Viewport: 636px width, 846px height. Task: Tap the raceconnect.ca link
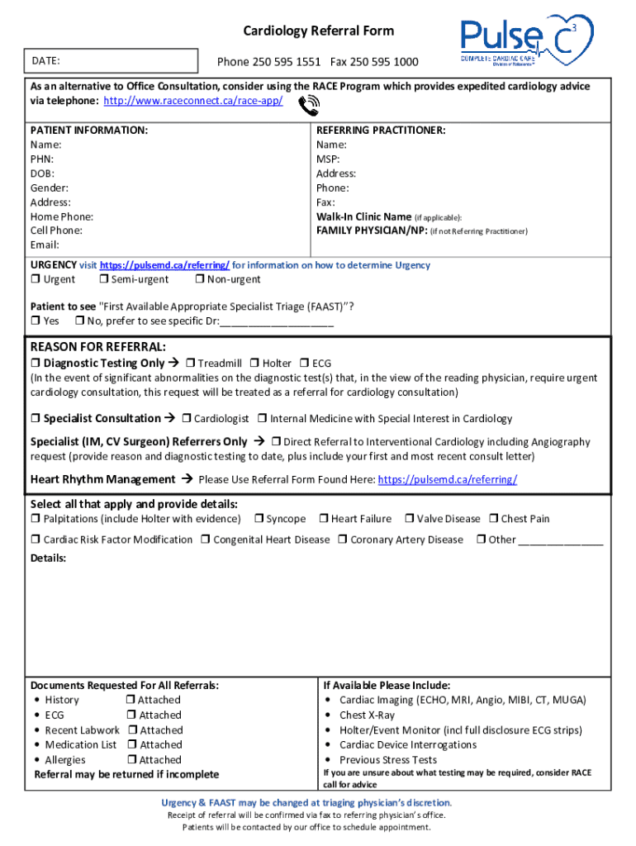(192, 101)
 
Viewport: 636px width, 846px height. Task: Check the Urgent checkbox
(36, 280)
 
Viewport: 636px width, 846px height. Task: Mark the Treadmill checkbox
(190, 364)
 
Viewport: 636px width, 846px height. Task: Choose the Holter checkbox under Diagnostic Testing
(254, 364)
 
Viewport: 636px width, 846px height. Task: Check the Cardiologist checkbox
(187, 419)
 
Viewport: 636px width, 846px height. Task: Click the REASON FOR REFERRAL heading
(98, 346)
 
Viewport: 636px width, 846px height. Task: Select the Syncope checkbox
(259, 519)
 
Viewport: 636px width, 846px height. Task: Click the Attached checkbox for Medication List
(132, 745)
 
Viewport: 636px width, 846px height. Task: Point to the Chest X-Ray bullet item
(367, 715)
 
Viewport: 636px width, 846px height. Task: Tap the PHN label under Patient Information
(42, 159)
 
